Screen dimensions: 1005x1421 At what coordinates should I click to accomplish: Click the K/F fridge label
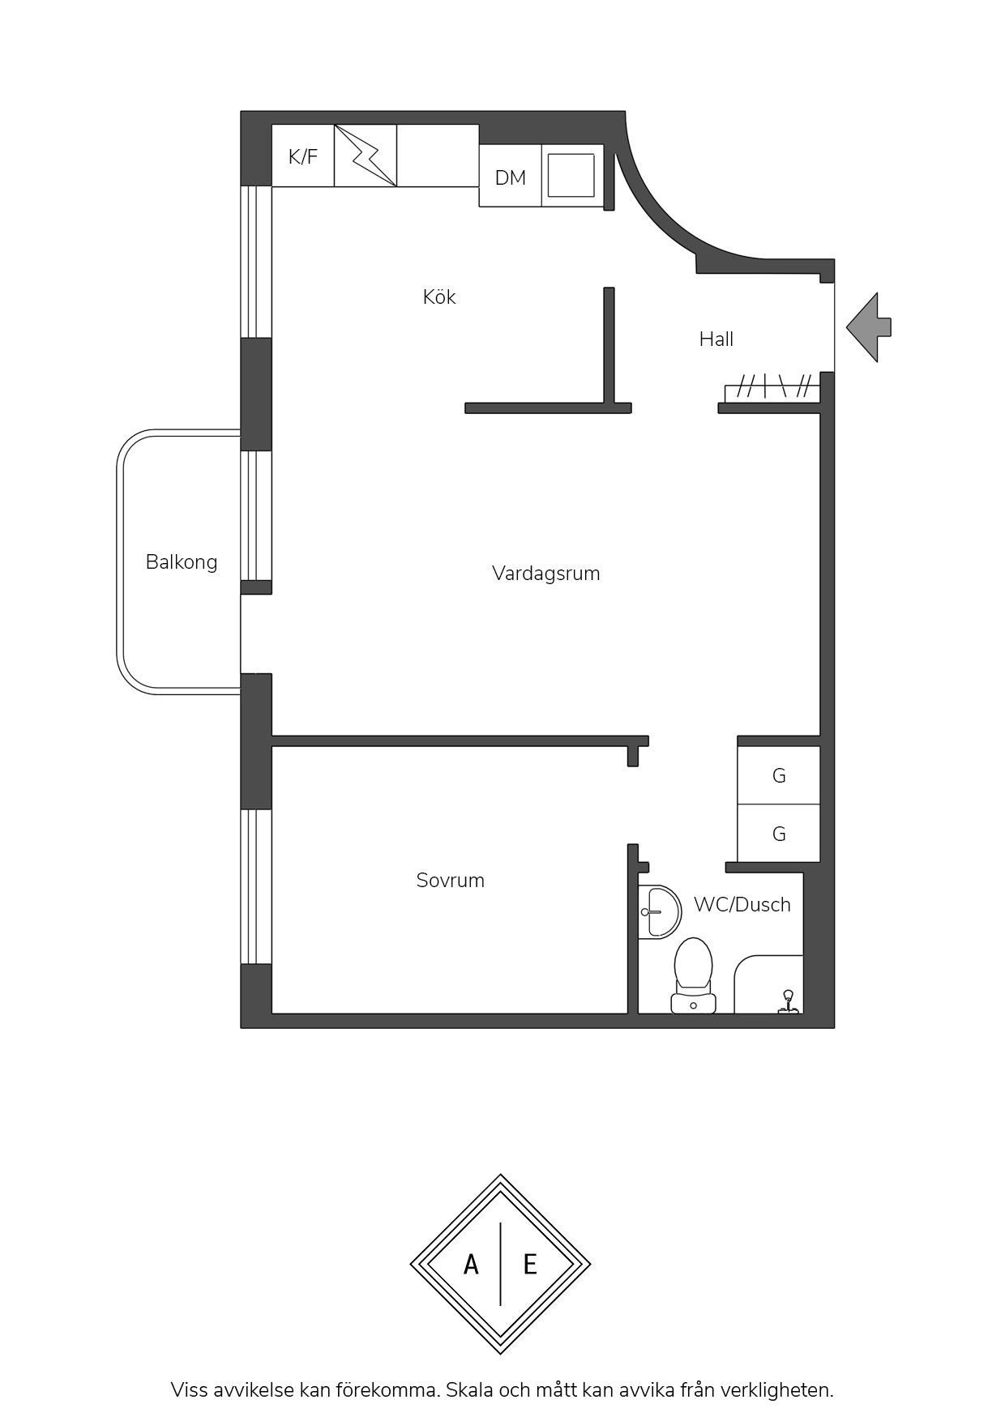[x=303, y=156]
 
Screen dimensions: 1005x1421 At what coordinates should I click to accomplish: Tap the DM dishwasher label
[x=511, y=177]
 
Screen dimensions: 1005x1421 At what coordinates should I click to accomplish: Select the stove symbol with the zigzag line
[x=366, y=156]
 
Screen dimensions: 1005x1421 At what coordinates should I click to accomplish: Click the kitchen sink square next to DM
[x=571, y=175]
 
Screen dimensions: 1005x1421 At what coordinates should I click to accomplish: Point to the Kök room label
[x=439, y=297]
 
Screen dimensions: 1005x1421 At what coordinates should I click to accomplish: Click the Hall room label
[x=716, y=339]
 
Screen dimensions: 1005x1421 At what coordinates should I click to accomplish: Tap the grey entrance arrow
[x=869, y=327]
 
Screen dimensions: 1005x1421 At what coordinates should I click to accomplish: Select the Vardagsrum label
[x=546, y=574]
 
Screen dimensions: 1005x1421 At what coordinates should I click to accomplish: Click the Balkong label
[x=182, y=562]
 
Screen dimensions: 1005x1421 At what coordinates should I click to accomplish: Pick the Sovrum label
[x=451, y=881]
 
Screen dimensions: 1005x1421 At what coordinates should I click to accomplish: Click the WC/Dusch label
[x=742, y=905]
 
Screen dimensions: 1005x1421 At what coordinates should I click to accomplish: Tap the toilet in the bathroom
[x=693, y=975]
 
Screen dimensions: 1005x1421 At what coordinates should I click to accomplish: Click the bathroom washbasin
[x=659, y=912]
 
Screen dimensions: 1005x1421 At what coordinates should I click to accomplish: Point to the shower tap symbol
[x=787, y=1002]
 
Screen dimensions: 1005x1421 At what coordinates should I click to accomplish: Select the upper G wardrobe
[x=779, y=775]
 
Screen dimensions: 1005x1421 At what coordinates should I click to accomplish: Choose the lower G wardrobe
[x=779, y=834]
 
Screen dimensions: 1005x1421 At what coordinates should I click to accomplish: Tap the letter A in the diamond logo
[x=471, y=1264]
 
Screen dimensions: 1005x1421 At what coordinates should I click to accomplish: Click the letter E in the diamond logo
[x=530, y=1264]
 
